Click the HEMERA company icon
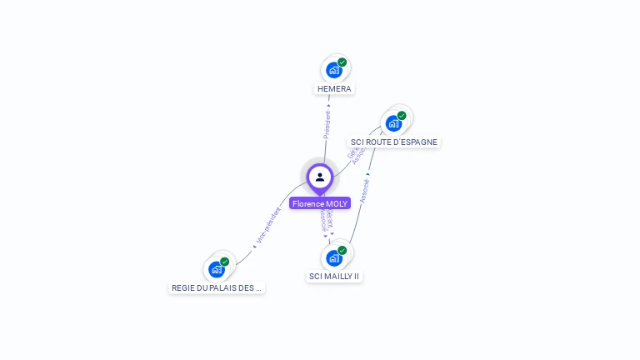click(x=334, y=71)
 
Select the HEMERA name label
click(x=334, y=88)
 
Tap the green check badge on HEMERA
click(x=342, y=62)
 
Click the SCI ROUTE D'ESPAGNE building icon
click(x=393, y=124)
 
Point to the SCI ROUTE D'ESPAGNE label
click(x=394, y=142)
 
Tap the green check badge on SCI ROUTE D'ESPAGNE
click(x=402, y=116)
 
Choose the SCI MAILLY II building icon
click(x=334, y=258)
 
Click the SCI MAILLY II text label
click(x=334, y=276)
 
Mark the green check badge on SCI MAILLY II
click(x=342, y=250)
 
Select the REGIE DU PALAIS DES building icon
click(x=217, y=270)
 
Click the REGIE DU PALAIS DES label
click(x=217, y=287)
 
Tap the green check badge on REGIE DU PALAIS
click(x=224, y=262)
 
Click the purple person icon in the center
click(x=320, y=177)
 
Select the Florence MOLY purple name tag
click(x=320, y=203)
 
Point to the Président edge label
click(x=327, y=125)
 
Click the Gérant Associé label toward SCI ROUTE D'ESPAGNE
click(x=356, y=155)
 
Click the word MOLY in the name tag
click(x=337, y=203)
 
